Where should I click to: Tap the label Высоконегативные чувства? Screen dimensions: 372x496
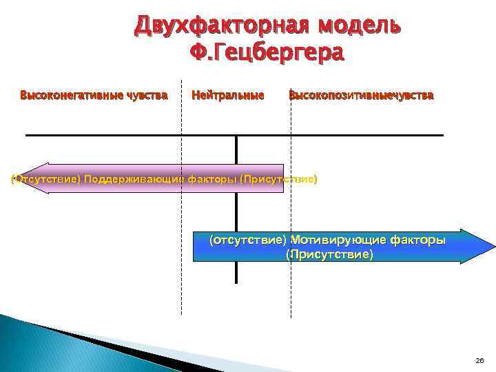click(94, 95)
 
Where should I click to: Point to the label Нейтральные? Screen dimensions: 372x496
click(227, 95)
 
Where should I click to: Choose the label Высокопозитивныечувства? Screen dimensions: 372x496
click(361, 95)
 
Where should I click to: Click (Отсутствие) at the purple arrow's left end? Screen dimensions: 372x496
click(46, 179)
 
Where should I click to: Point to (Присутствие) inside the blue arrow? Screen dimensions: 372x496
click(329, 254)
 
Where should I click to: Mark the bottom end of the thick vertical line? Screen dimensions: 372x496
click(236, 281)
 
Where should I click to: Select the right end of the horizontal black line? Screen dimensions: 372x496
click(442, 135)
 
